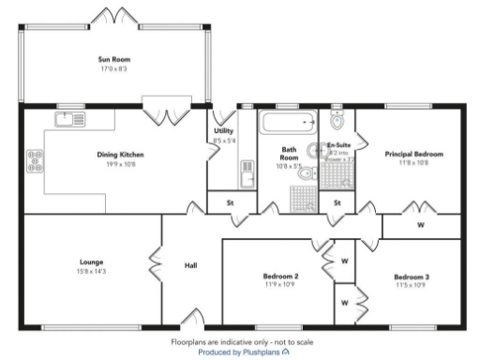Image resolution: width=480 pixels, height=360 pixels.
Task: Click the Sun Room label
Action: [x=112, y=59]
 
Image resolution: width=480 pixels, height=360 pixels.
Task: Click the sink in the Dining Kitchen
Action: [x=68, y=118]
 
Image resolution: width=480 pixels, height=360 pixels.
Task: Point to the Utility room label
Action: [x=223, y=131]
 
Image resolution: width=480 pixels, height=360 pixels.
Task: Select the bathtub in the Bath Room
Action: [x=286, y=124]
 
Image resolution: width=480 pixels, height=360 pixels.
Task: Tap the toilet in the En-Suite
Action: [x=338, y=119]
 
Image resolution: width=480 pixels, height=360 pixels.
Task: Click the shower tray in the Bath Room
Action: [x=303, y=197]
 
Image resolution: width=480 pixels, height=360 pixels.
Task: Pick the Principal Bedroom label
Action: [x=413, y=154]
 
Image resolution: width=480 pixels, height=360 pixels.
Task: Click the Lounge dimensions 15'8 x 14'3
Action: [x=92, y=270]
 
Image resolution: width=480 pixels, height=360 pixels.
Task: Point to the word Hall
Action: [x=191, y=266]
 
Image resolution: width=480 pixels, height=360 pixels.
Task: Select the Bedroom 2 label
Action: [x=280, y=277]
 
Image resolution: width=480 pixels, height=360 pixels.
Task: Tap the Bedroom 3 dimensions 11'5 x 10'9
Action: [x=412, y=285]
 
